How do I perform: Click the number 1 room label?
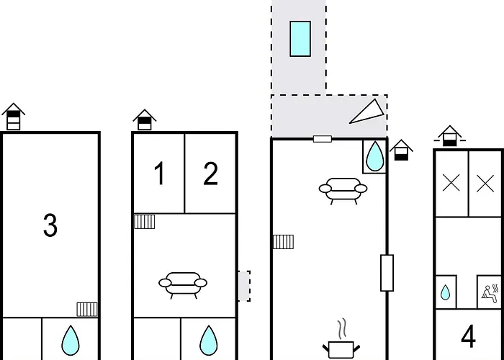tap(160, 174)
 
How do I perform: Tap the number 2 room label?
tap(210, 174)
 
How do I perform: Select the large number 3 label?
tap(50, 225)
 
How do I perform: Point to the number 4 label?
tap(468, 336)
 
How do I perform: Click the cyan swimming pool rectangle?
tap(300, 39)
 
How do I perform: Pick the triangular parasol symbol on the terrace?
tap(366, 112)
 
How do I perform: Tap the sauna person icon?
tap(490, 293)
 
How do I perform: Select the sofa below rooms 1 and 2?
tap(183, 285)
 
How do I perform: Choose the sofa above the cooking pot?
tap(343, 191)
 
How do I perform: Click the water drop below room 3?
tap(71, 341)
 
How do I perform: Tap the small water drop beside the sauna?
tap(445, 292)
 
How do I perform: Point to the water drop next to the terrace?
tap(375, 156)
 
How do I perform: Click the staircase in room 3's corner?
tap(87, 309)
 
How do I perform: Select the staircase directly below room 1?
tap(144, 222)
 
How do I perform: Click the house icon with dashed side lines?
tap(450, 135)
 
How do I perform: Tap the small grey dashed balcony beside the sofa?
tap(244, 286)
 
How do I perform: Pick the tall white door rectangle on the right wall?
tap(387, 273)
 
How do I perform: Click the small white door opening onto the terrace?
tap(323, 139)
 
